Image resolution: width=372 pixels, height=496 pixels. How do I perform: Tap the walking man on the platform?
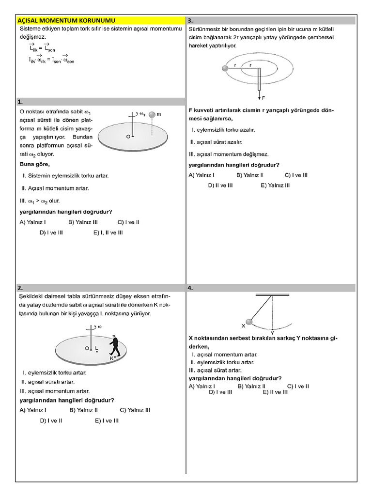coord(114,346)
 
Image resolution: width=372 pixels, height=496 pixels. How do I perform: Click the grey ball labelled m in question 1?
coord(153,115)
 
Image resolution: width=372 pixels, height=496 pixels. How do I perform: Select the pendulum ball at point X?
coord(249,322)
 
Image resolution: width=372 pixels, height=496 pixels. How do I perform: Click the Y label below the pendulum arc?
coord(272,333)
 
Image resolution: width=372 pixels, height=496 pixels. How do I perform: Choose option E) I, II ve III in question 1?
coord(108,232)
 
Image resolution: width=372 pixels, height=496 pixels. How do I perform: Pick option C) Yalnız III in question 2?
coord(135,410)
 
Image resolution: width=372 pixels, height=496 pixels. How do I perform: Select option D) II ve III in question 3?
coord(220,185)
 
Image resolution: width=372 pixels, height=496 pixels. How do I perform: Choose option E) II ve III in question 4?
coord(275,392)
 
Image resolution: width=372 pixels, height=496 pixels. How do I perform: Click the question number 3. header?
coord(191,21)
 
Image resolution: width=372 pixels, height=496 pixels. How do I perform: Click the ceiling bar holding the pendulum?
coord(272,294)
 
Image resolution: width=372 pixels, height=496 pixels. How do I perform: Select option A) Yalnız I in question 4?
coord(202,386)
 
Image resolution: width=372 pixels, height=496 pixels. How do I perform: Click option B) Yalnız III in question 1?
coord(83,222)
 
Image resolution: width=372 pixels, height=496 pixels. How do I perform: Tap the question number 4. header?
coord(191,288)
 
